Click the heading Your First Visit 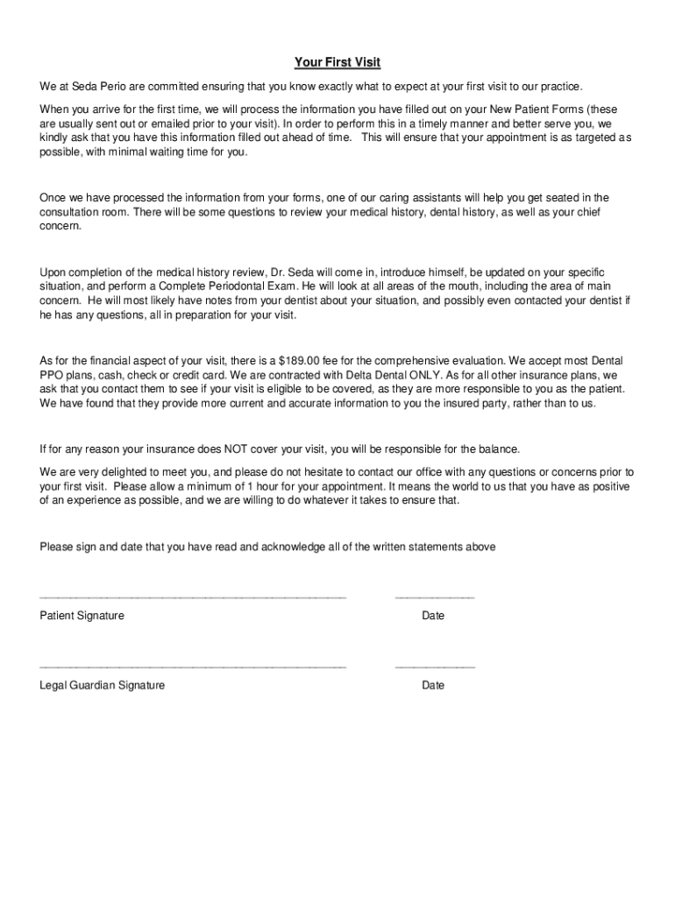(337, 62)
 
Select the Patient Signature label (82, 616)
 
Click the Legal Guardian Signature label (102, 685)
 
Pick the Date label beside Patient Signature (433, 616)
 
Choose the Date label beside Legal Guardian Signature (433, 685)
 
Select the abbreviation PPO (52, 374)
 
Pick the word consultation (74, 212)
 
